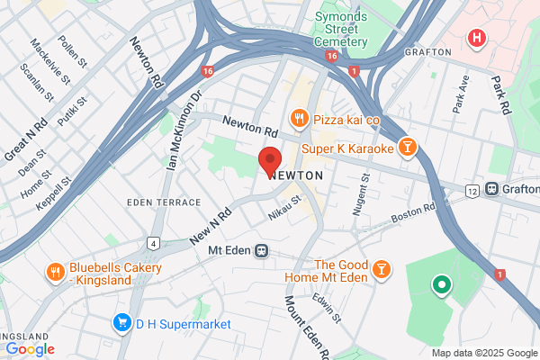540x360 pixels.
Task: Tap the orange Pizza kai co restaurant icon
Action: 297,119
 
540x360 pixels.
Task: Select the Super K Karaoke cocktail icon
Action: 408,147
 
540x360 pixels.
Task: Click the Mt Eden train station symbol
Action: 261,250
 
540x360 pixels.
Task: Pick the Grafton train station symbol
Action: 492,189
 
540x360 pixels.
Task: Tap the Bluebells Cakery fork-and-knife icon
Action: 55,270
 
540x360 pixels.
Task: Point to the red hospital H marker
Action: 476,39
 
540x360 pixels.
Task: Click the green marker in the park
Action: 441,286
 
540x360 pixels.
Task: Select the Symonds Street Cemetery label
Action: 341,29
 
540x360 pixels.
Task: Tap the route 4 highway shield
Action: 155,243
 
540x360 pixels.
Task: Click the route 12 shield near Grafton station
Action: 472,190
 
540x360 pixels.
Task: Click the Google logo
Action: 30,348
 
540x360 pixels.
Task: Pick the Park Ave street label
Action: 462,93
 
